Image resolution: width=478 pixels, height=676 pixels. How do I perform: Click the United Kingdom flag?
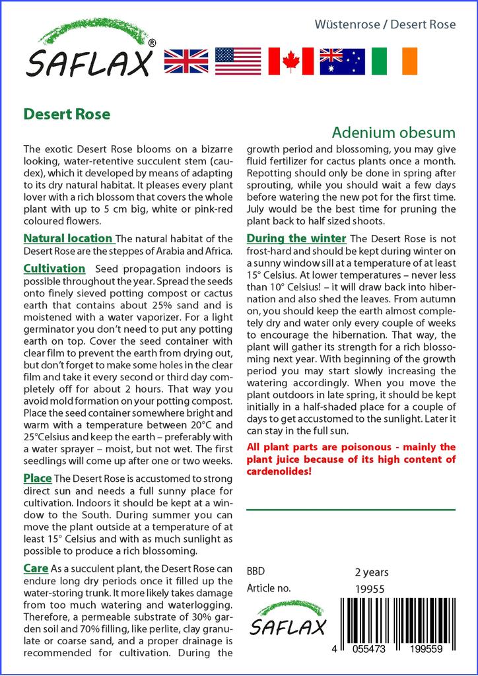tap(186, 61)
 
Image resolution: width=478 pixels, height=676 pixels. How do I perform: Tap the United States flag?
tap(238, 61)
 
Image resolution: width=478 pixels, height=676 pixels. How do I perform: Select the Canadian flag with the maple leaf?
tap(290, 61)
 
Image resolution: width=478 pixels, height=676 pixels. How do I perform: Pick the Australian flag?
tap(342, 61)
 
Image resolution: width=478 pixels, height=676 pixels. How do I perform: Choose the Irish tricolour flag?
tap(395, 61)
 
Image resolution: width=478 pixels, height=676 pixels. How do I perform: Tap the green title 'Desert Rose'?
tap(67, 114)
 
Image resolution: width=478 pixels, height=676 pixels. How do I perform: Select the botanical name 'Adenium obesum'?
tap(393, 131)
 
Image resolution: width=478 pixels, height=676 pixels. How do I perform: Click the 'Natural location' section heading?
tap(68, 238)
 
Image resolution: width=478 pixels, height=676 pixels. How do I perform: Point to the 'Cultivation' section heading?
tap(54, 269)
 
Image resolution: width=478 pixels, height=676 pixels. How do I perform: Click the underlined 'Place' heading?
tap(38, 477)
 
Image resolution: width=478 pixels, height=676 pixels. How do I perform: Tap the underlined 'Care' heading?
tap(36, 568)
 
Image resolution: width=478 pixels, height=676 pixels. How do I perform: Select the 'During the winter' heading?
tap(296, 238)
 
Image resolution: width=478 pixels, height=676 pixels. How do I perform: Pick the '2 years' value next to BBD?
tap(372, 572)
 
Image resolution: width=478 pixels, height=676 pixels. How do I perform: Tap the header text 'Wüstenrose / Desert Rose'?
tap(386, 24)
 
